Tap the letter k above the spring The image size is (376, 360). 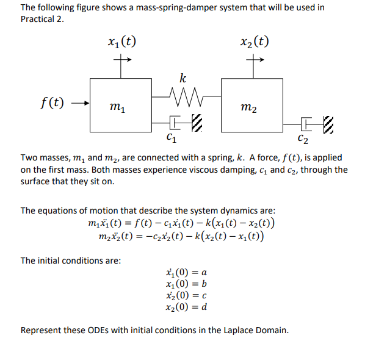(x=182, y=78)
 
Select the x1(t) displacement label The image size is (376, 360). (x=120, y=42)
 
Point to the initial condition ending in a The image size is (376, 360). (x=187, y=273)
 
